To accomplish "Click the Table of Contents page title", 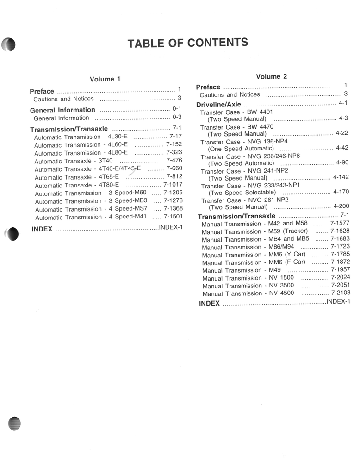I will click(187, 43).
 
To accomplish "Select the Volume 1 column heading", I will click(105, 79).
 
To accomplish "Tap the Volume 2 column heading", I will click(271, 76).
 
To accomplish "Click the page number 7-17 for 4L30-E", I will click(175, 137).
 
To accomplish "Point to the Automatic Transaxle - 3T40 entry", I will click(74, 161).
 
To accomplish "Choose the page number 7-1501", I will click(173, 216).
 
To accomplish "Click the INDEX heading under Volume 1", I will click(42, 229).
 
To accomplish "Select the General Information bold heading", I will click(62, 110).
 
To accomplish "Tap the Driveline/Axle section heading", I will click(218, 105).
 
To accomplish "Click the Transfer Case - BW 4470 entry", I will click(236, 127).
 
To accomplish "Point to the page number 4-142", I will click(341, 177).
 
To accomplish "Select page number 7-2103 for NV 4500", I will click(341, 293).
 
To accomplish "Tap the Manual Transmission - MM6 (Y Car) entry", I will click(254, 255).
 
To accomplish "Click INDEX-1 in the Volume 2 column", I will click(338, 302).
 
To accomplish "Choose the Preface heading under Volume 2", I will click(208, 87).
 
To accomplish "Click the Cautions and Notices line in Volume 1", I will click(63, 99).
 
